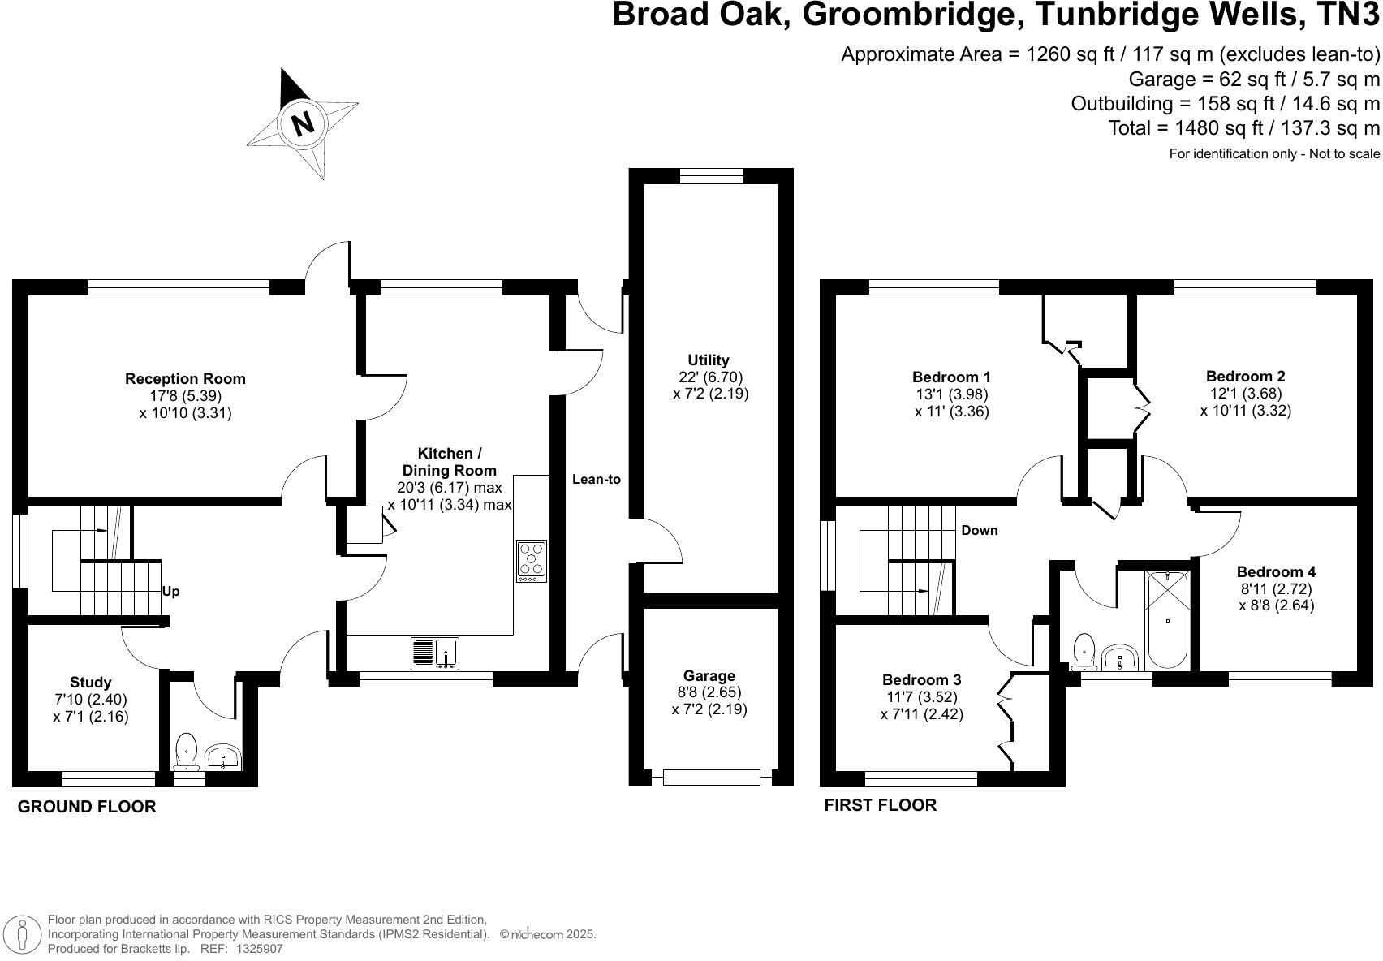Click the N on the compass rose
[x=303, y=123]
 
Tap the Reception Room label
[x=185, y=378]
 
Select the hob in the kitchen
[x=532, y=560]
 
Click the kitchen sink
[x=446, y=653]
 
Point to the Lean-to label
[x=597, y=479]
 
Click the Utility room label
[x=709, y=360]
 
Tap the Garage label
[x=709, y=675]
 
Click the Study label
[x=90, y=683]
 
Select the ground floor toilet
[x=187, y=751]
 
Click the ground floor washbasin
[x=222, y=758]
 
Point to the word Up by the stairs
[x=170, y=591]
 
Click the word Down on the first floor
[x=980, y=530]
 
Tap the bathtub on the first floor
[x=1168, y=619]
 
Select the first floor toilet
[x=1084, y=651]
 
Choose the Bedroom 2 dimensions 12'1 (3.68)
[x=1245, y=394]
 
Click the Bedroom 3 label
[x=921, y=679]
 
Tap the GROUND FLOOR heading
[x=87, y=807]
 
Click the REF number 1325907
[x=259, y=948]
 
